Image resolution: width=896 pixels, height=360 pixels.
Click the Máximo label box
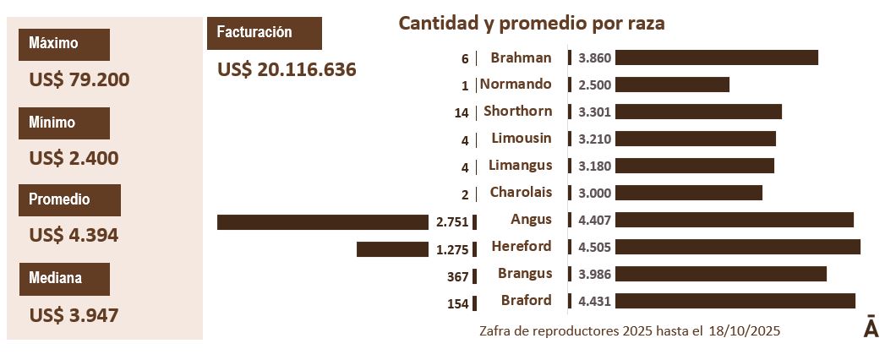[64, 44]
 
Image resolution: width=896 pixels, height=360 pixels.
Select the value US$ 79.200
[79, 80]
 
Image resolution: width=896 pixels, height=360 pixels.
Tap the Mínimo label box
[64, 123]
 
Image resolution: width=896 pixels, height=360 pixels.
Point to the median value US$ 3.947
[74, 315]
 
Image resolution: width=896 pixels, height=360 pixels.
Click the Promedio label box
[70, 200]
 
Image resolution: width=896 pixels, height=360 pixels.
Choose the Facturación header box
[264, 33]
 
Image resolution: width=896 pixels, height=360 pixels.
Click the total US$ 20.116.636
[287, 70]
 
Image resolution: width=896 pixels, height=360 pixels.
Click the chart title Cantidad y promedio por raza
[532, 23]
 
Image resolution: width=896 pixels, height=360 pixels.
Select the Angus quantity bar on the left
[322, 222]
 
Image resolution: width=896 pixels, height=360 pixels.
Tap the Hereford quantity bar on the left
[392, 249]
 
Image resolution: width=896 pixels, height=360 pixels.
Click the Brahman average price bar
[716, 57]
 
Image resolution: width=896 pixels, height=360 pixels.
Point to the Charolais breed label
[521, 192]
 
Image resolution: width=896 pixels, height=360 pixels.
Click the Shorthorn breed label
[517, 111]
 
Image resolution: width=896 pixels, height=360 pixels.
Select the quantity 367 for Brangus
[457, 276]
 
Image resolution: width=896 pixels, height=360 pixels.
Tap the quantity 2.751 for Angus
[451, 222]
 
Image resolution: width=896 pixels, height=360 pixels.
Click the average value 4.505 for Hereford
[595, 248]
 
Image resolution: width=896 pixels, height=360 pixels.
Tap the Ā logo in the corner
[871, 329]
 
